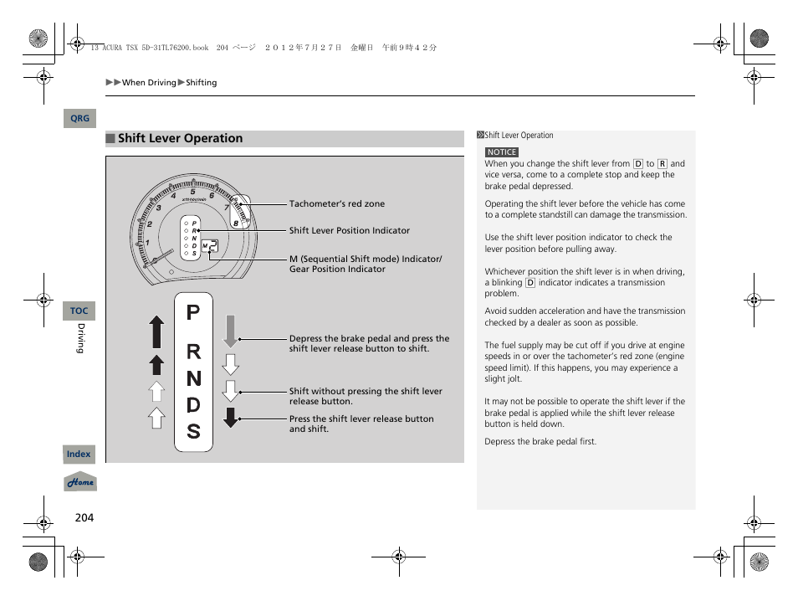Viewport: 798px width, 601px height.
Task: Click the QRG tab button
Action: tap(79, 119)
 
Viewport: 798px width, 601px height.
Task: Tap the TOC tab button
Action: tap(79, 311)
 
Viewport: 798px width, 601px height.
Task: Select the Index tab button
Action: tap(79, 454)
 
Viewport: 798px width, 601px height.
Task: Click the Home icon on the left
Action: tap(80, 483)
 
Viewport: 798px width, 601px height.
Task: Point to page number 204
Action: tap(84, 518)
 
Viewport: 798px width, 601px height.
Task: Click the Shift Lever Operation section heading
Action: tap(180, 139)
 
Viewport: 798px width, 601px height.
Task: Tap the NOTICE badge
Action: tap(502, 152)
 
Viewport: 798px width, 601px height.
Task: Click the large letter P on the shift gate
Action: tap(193, 313)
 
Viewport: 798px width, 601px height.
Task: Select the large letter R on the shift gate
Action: tap(193, 353)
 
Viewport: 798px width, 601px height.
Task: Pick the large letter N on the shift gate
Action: tap(193, 379)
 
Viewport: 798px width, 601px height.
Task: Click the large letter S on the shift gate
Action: tap(193, 432)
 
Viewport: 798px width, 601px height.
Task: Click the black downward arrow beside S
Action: tap(231, 417)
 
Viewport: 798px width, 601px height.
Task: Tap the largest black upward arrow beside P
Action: tap(156, 332)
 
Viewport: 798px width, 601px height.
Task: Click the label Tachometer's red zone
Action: tap(337, 203)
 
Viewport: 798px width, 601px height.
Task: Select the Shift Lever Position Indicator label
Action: tap(350, 231)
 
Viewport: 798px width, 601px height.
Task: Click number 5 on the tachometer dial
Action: tap(192, 192)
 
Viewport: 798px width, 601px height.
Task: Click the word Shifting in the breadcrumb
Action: tap(201, 83)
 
